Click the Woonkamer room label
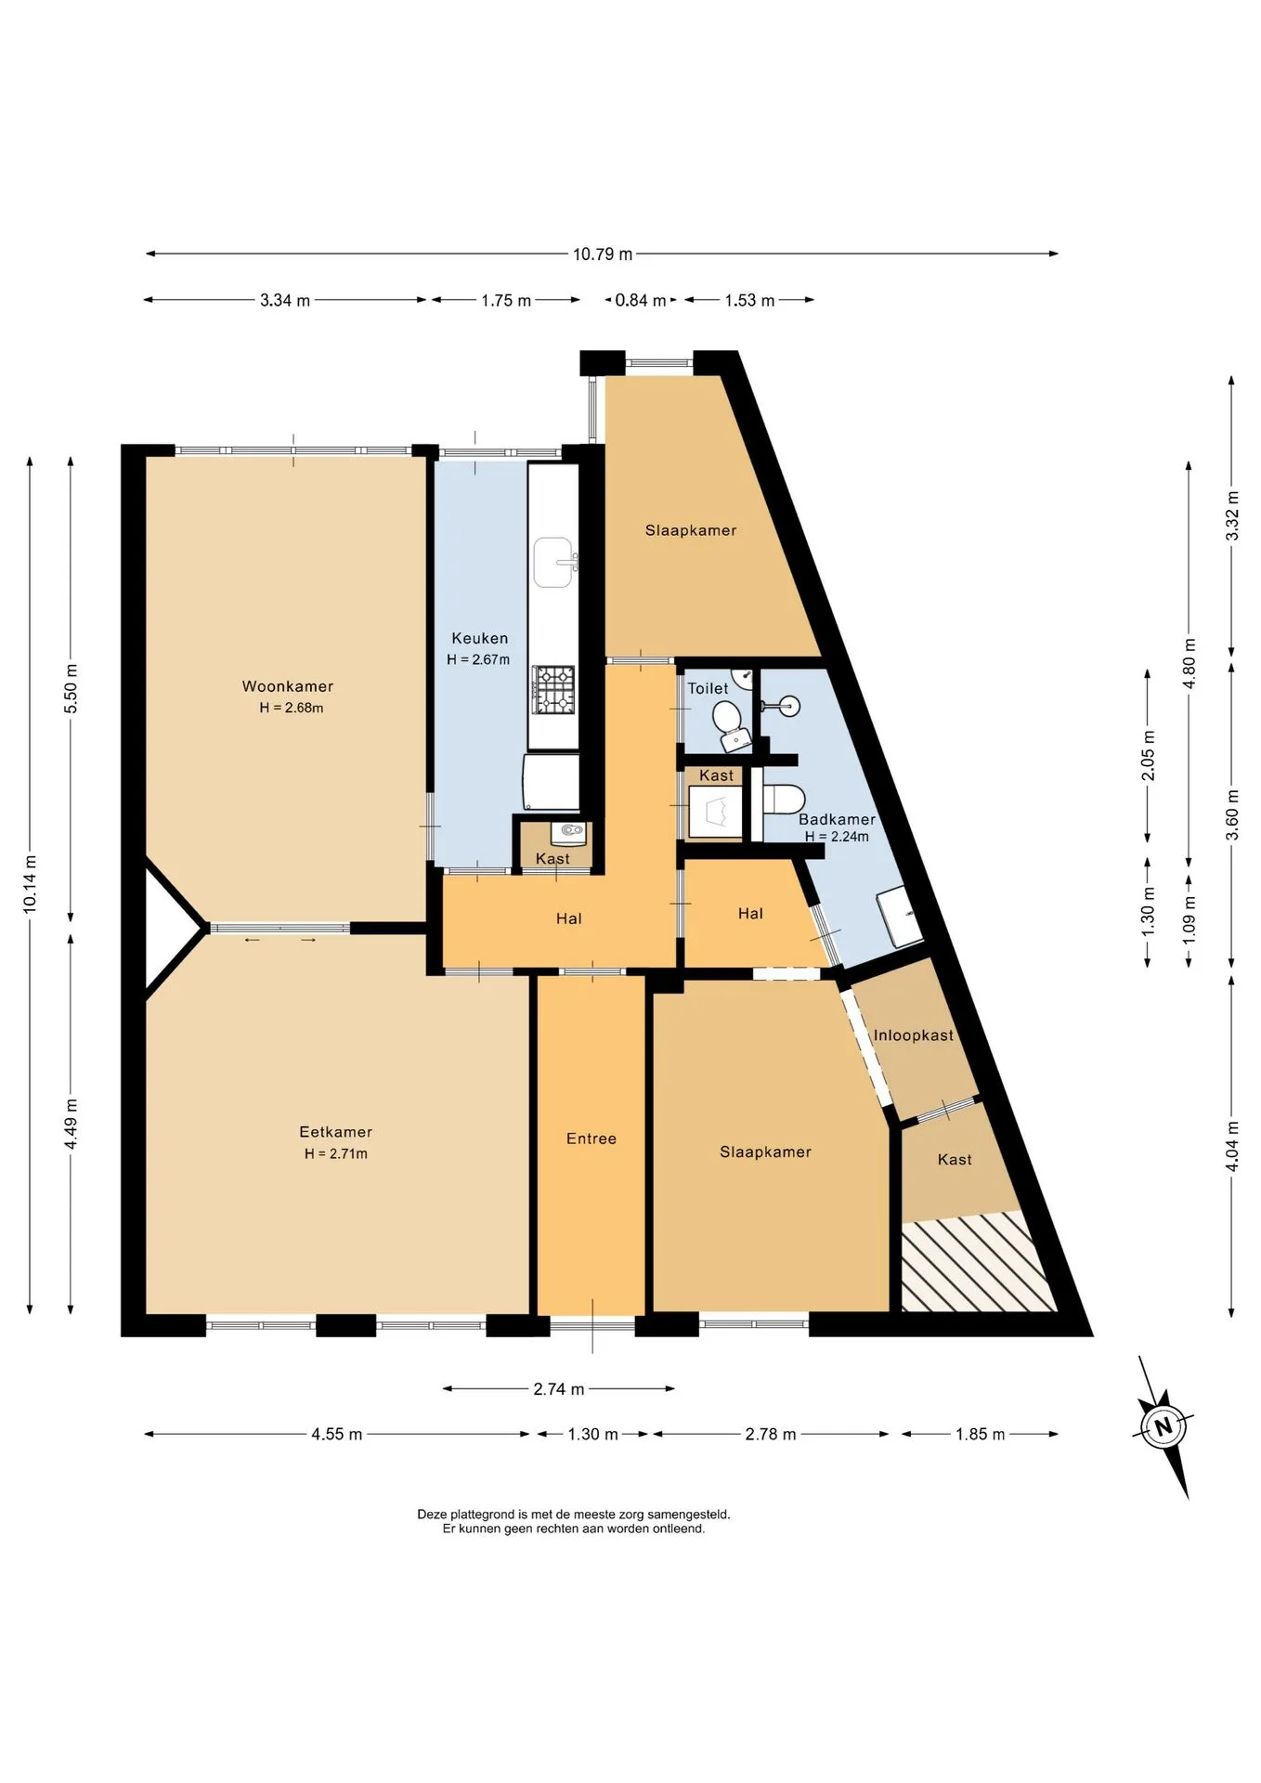[287, 686]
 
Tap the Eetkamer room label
[335, 1132]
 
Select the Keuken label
[479, 638]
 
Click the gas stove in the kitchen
[553, 690]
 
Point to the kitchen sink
[554, 563]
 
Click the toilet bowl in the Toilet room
[729, 723]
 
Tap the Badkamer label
[837, 819]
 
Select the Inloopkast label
[913, 1035]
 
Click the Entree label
[591, 1139]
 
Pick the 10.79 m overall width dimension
[603, 254]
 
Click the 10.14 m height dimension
[31, 884]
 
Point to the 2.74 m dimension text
[558, 1389]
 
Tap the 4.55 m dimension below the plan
[336, 1434]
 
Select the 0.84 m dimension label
[641, 300]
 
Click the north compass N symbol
[1163, 1427]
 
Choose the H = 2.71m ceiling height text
[335, 1153]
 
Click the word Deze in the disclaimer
[432, 1514]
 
